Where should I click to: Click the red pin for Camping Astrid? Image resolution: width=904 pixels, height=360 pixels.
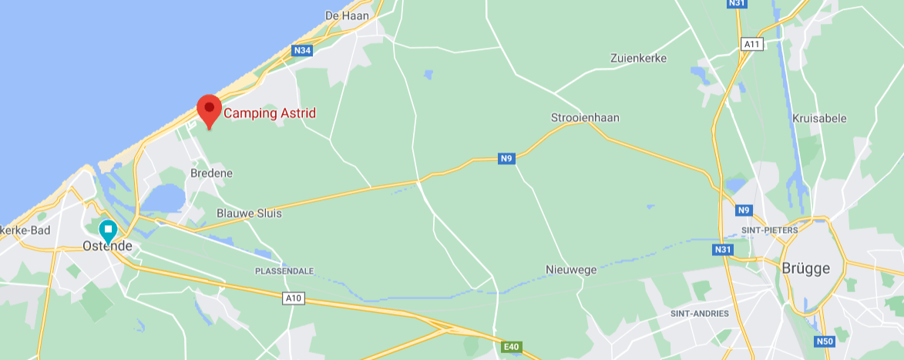(x=209, y=109)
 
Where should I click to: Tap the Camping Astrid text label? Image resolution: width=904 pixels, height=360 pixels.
(x=269, y=113)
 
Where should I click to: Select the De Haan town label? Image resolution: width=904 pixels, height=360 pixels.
(x=348, y=15)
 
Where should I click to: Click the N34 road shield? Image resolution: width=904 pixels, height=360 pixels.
(x=302, y=51)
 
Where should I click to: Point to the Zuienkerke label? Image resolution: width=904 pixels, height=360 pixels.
(x=638, y=58)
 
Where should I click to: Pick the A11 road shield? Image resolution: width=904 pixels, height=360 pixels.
(x=752, y=44)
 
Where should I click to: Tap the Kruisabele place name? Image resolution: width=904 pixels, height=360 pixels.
(x=819, y=118)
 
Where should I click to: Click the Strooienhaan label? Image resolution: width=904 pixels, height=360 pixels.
(x=585, y=118)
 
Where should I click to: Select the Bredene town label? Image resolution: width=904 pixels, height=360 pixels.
(x=211, y=173)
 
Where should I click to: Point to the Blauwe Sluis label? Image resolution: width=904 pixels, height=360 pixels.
(x=249, y=213)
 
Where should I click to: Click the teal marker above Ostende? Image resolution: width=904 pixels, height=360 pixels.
(x=108, y=230)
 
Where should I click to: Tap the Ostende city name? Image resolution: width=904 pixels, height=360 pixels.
(x=107, y=247)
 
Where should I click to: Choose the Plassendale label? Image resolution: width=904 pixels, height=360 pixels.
(x=284, y=271)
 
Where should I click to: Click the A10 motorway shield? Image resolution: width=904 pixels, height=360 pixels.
(x=293, y=298)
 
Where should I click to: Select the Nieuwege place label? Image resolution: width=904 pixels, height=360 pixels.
(x=571, y=269)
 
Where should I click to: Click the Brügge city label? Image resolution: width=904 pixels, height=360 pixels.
(x=806, y=268)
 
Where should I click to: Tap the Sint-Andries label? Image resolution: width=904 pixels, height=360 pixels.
(x=700, y=314)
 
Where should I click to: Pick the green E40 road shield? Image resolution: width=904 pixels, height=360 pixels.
(x=512, y=348)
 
